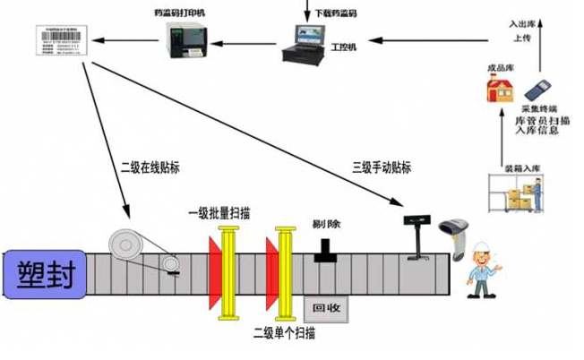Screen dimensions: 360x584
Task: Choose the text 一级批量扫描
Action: point(219,214)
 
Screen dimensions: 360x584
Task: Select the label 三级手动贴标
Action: point(382,167)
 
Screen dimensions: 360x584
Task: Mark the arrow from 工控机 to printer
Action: point(247,39)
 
